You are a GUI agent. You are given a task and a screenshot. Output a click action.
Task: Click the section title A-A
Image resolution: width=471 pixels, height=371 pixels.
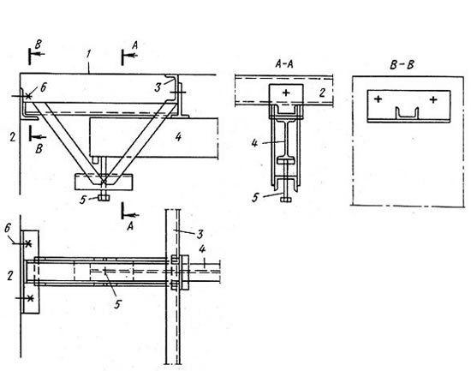[283, 64]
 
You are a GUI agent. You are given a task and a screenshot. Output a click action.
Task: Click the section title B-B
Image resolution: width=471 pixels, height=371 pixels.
[402, 65]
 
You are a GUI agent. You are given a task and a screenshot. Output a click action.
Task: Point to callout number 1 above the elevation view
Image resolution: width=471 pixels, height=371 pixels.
[88, 54]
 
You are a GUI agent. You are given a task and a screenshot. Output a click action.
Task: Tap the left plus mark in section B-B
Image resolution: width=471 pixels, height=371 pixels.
[379, 99]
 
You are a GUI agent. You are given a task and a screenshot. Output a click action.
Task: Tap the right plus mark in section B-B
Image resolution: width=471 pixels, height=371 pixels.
[433, 99]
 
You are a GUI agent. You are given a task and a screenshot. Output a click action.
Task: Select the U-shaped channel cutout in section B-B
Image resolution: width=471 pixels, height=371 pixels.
[407, 113]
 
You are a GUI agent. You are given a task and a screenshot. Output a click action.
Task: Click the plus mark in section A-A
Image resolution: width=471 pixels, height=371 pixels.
[286, 93]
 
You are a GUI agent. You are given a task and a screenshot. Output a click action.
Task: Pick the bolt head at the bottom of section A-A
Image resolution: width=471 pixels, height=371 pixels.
[286, 200]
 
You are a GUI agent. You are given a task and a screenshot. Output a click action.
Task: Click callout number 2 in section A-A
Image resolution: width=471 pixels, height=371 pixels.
[322, 93]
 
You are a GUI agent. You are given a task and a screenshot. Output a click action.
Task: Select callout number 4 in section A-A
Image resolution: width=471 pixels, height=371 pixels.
[254, 143]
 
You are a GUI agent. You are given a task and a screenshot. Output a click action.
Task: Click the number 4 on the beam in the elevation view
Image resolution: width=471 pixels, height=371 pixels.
[178, 137]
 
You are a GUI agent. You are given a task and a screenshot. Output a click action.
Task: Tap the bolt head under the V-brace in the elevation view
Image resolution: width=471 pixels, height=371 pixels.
[104, 198]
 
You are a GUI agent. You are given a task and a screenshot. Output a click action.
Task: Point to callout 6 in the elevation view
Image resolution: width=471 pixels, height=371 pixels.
[44, 87]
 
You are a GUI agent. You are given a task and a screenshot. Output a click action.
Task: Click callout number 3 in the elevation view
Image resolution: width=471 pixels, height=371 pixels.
[158, 87]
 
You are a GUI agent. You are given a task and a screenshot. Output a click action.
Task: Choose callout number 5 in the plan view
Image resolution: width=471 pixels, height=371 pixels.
[117, 304]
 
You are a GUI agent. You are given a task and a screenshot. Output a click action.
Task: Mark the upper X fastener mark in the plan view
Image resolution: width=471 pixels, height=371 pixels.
[28, 243]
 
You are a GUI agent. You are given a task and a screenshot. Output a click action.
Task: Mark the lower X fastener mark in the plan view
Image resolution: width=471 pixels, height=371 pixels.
[29, 298]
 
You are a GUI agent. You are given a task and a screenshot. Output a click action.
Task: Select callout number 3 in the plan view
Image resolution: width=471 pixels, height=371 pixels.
[200, 235]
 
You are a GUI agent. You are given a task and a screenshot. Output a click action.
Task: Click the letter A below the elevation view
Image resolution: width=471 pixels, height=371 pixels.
[130, 226]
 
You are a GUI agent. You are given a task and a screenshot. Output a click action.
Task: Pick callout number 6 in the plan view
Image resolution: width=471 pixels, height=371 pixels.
[8, 228]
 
